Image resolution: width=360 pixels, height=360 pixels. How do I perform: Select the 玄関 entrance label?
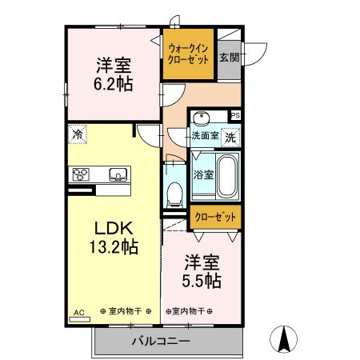coord(229,57)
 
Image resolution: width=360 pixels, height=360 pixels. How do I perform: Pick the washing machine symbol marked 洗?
coord(230,138)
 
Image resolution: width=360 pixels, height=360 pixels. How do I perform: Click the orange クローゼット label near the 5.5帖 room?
coord(214,216)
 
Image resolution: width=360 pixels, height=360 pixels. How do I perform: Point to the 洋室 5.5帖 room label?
coord(202,271)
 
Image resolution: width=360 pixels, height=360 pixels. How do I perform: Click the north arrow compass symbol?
coord(282,339)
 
